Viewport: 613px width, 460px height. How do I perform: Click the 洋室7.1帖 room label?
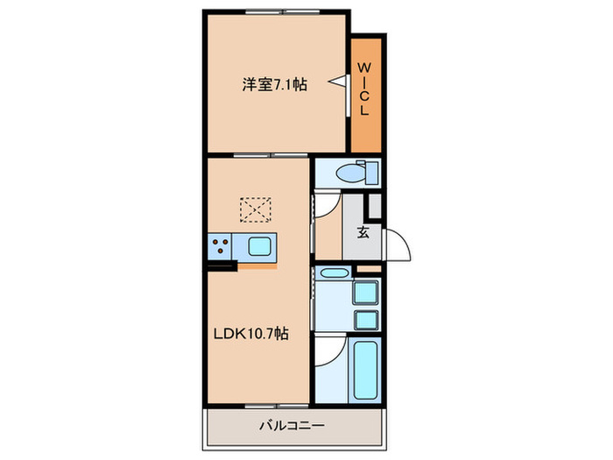pos(274,85)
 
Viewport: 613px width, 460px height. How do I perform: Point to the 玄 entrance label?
pos(363,233)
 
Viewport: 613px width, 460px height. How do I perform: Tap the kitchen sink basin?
pos(260,246)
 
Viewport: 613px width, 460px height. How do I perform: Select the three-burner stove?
pos(219,246)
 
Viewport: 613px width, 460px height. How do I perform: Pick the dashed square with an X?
pos(256,209)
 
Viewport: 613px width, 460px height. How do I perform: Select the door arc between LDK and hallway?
pos(324,209)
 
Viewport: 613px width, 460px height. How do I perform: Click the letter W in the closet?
pos(367,67)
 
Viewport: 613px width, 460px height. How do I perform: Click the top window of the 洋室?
pos(269,11)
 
